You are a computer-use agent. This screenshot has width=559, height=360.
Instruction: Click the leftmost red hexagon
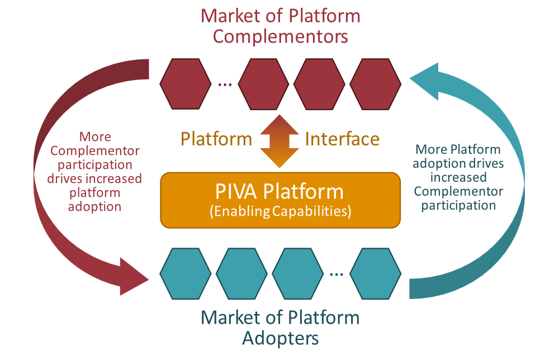(185, 84)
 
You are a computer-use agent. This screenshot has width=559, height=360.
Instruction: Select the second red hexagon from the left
(263, 84)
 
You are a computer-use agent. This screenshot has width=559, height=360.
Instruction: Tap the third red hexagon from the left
(319, 84)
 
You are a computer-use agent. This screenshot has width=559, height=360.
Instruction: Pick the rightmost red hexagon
(375, 84)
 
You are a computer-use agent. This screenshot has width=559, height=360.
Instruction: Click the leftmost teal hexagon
(185, 274)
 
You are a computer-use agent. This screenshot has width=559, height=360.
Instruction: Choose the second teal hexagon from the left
(241, 274)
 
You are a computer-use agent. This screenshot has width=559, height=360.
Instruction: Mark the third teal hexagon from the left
(297, 274)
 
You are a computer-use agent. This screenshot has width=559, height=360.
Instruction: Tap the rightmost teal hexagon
(375, 274)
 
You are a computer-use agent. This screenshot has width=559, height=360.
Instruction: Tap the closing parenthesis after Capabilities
(349, 212)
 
